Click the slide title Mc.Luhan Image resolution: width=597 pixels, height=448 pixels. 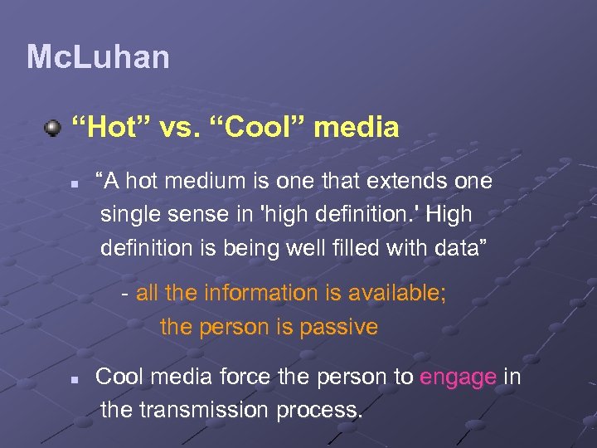coord(98,57)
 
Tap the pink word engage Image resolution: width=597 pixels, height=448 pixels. coord(458,377)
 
